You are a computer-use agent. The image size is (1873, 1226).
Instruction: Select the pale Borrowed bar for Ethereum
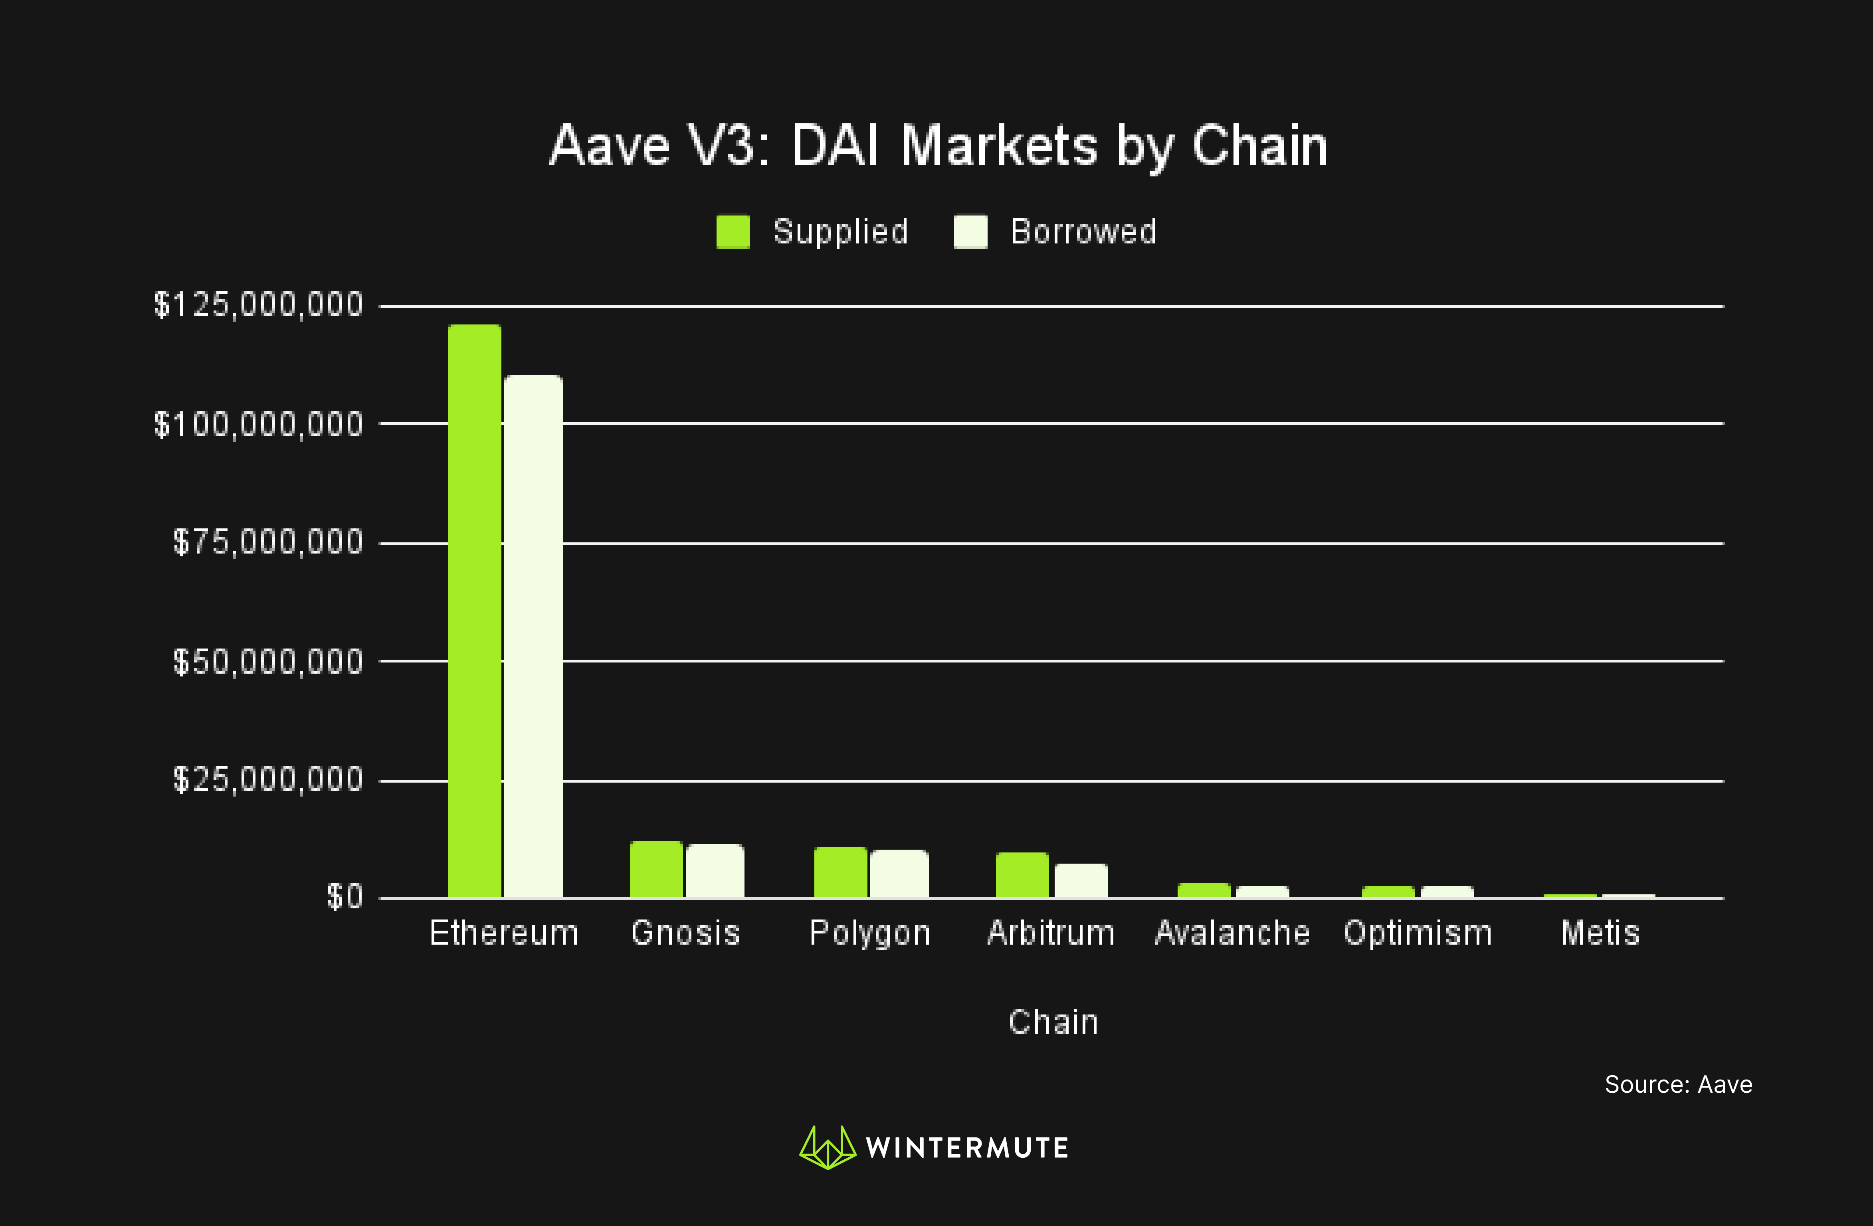point(534,636)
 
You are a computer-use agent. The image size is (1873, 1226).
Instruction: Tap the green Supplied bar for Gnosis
point(655,870)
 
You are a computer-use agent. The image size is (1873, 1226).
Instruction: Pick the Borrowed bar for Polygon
point(899,874)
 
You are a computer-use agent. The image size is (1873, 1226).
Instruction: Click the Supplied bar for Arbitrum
point(1022,875)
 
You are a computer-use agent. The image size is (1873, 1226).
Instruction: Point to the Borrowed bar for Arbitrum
point(1081,880)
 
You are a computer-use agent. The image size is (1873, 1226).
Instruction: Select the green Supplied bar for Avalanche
point(1203,890)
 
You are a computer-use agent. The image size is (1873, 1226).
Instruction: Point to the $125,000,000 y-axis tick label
point(258,305)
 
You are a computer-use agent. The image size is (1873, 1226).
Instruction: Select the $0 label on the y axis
point(345,897)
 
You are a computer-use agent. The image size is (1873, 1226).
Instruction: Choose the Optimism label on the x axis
point(1418,933)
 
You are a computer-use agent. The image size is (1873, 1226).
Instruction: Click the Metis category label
point(1600,933)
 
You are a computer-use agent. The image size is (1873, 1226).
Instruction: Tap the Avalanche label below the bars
point(1232,933)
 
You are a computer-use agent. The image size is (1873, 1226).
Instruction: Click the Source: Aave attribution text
point(1678,1084)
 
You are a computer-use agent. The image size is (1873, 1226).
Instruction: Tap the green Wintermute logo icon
point(827,1147)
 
